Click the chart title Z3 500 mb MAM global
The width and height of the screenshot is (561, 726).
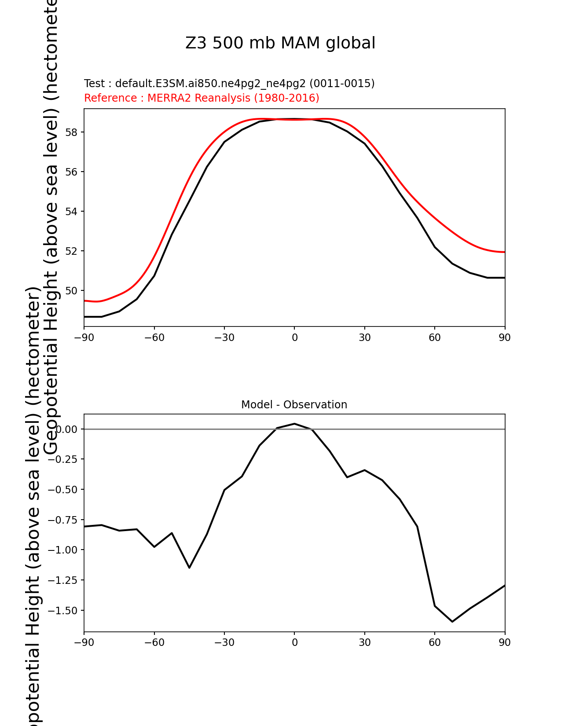click(x=280, y=44)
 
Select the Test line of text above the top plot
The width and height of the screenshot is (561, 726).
click(x=229, y=84)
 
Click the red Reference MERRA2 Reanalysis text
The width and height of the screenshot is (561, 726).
click(x=202, y=98)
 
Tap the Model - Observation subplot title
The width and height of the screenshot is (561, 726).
click(x=294, y=405)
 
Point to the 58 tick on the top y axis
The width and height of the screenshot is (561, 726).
click(x=71, y=132)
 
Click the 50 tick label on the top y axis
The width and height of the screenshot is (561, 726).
click(x=71, y=291)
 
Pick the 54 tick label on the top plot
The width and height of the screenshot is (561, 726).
click(x=71, y=212)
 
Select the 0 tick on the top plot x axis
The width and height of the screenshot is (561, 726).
click(x=294, y=338)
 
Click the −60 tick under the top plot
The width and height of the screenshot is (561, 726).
click(x=154, y=338)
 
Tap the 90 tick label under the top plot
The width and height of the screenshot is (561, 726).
click(x=505, y=338)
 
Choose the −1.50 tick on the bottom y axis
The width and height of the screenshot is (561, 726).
click(x=62, y=611)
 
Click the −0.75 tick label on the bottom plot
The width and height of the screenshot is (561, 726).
click(x=62, y=520)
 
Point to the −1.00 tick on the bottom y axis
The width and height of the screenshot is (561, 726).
click(x=62, y=550)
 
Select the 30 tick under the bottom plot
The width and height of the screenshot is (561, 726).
click(x=364, y=643)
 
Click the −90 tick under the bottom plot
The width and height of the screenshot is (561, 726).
click(x=84, y=643)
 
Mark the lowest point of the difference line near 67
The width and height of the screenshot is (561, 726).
click(x=452, y=622)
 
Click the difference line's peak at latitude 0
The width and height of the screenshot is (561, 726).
click(x=294, y=424)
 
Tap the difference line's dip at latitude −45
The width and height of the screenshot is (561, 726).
click(x=189, y=568)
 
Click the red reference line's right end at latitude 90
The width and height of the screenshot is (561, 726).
click(x=504, y=252)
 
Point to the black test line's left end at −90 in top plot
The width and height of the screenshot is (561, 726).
click(x=85, y=317)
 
